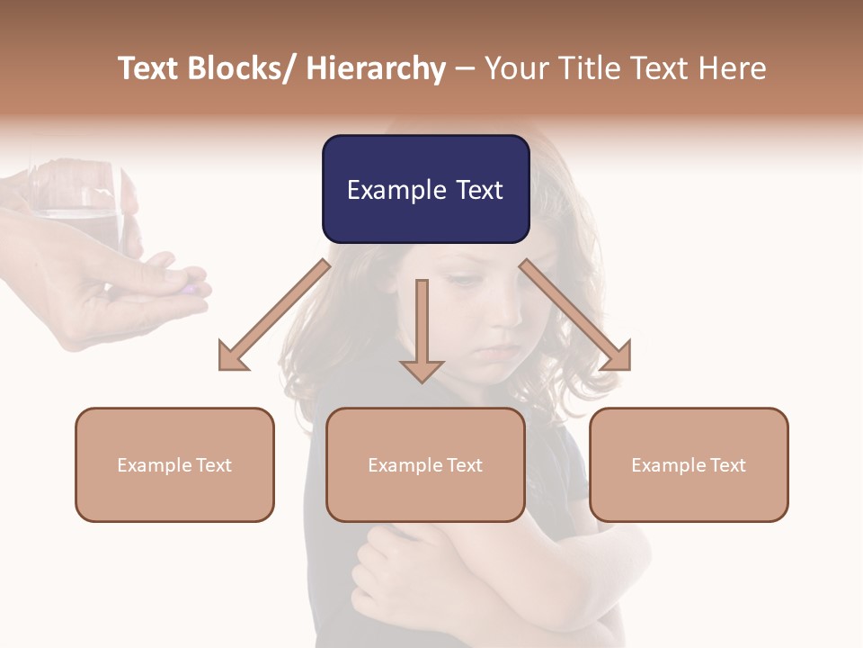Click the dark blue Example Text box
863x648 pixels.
click(425, 189)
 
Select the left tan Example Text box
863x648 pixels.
click(174, 464)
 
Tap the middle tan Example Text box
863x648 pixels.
click(425, 464)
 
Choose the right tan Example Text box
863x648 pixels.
click(689, 464)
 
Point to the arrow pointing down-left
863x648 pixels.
click(272, 315)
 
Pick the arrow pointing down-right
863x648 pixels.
click(576, 315)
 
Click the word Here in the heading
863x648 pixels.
click(733, 69)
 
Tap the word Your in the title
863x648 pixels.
click(514, 69)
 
